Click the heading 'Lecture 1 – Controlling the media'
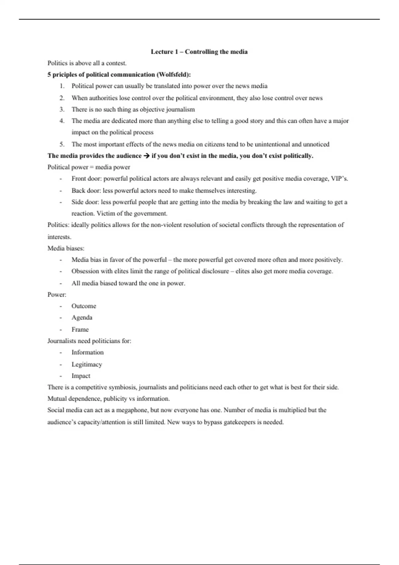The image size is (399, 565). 199,52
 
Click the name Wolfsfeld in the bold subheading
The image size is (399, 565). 173,74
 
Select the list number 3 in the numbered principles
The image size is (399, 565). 62,109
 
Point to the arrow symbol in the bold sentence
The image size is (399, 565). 146,156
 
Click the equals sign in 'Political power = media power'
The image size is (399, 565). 92,167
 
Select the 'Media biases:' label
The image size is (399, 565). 66,248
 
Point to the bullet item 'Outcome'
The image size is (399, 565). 84,306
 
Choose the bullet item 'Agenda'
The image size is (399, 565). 82,317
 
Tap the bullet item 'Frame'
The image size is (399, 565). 80,329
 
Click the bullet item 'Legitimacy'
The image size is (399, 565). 87,364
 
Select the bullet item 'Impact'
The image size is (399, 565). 81,376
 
